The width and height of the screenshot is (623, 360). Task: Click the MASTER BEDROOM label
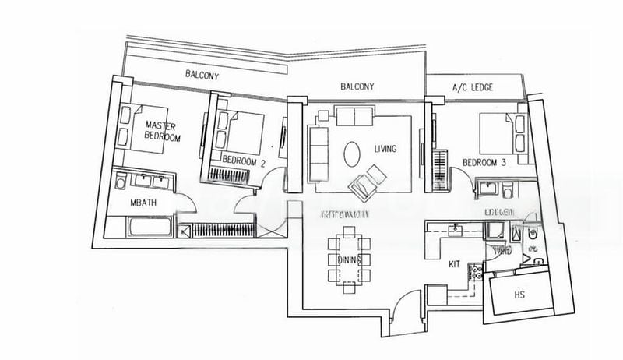coord(161,132)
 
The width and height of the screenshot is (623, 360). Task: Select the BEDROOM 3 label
coord(485,162)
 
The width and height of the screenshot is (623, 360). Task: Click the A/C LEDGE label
coord(473,87)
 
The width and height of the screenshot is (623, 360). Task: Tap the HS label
coord(520,296)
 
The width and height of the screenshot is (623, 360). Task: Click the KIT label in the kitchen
coord(455,264)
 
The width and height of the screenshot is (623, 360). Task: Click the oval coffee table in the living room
coord(352,152)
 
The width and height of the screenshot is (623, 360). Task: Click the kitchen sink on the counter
coord(457,228)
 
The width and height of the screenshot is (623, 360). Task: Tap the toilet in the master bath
coord(121,183)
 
